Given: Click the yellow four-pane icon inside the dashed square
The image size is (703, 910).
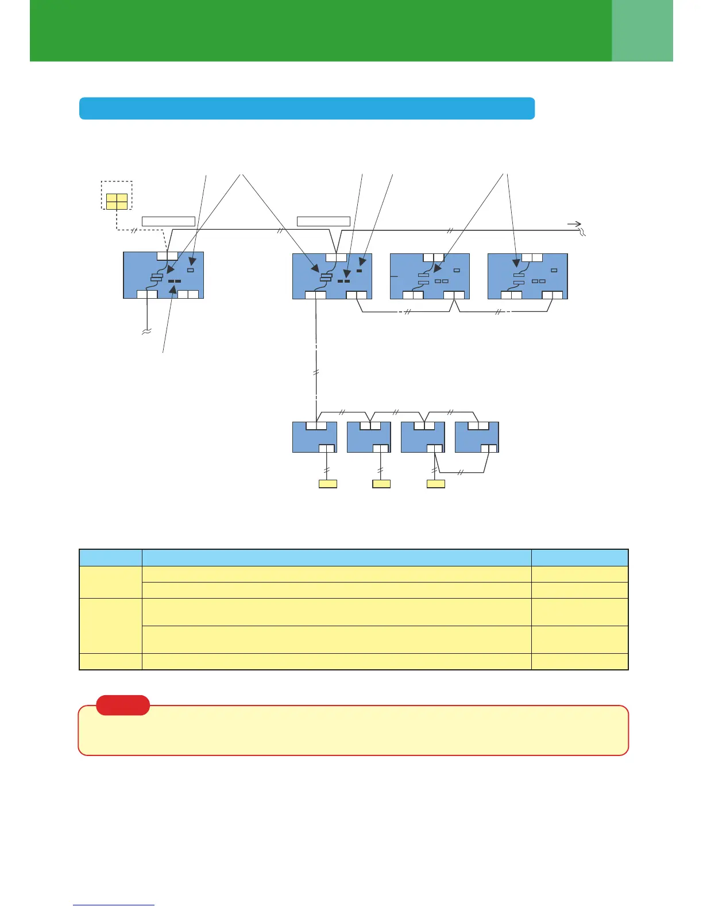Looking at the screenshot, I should (x=117, y=201).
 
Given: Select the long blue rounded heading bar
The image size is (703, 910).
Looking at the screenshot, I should (x=307, y=108).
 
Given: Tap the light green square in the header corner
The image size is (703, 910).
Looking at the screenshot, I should (x=642, y=30).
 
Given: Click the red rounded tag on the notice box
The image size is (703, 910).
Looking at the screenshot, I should (x=123, y=705).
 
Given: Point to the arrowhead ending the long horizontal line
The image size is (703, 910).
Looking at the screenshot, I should (x=574, y=224).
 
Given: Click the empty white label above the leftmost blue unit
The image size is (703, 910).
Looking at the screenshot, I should (x=168, y=221).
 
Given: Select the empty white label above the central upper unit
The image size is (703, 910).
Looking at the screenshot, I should (x=323, y=221).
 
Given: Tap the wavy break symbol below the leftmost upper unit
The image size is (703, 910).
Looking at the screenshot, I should (x=146, y=331).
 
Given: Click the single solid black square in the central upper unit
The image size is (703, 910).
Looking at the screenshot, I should (x=360, y=270).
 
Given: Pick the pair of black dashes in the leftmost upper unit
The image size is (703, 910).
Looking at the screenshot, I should (x=175, y=282).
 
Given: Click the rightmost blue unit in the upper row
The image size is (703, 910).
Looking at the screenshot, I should (x=527, y=276).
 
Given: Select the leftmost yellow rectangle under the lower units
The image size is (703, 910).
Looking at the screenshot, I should (x=327, y=484).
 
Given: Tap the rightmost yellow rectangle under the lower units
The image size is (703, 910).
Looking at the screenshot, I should (x=436, y=484).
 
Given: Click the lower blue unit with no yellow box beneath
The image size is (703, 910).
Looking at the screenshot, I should (x=477, y=437).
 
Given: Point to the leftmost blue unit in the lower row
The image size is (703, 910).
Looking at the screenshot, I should (x=314, y=437).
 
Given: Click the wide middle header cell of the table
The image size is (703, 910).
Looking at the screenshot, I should (x=337, y=557).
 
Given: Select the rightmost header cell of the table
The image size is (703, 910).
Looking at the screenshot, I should (x=580, y=557).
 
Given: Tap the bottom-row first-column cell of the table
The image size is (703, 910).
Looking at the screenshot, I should (x=110, y=661).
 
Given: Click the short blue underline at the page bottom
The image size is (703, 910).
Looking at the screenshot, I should (x=114, y=905).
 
